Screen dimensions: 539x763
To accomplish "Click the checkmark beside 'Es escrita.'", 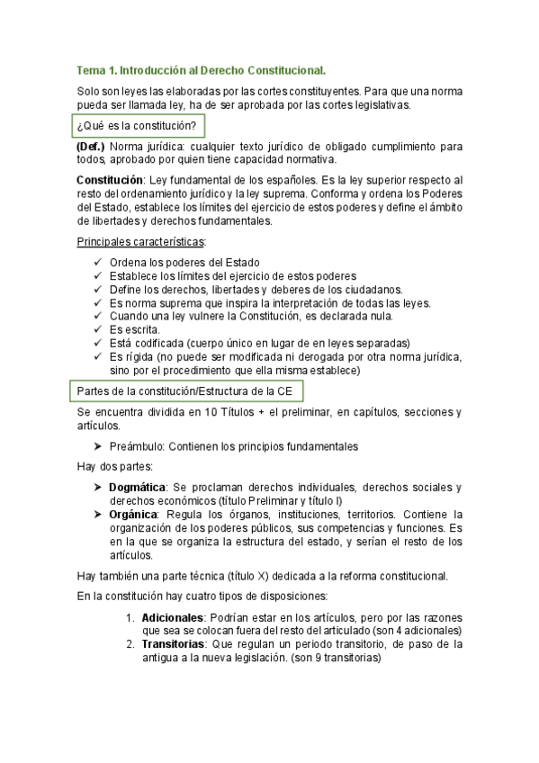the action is pos(98,330).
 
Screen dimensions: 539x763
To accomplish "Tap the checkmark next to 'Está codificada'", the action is pos(98,344).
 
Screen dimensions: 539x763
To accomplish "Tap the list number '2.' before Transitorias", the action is pos(130,644).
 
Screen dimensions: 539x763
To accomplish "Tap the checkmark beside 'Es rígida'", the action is pos(98,357).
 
